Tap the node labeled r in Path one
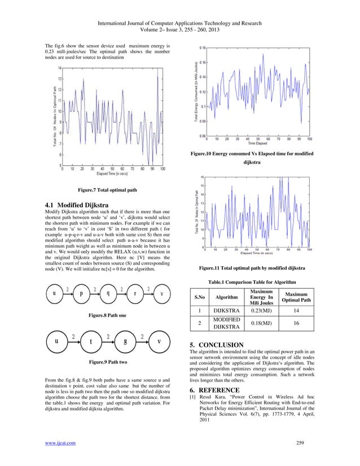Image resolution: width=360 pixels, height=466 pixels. tap(135, 293)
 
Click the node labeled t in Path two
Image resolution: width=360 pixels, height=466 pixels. tap(90, 341)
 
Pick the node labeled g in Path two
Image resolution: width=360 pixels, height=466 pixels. tap(125, 341)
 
